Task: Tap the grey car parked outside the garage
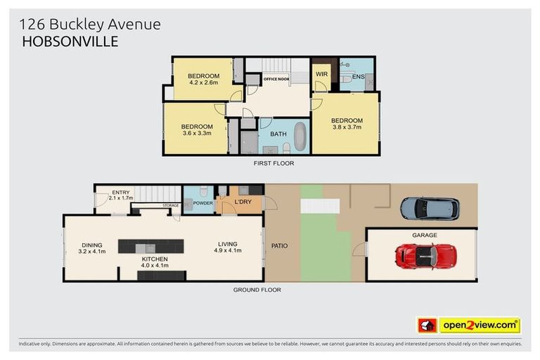click(429, 208)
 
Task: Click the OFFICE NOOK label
click(276, 79)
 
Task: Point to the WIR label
click(321, 74)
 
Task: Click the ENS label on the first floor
click(358, 77)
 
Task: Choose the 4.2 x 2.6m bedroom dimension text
click(204, 82)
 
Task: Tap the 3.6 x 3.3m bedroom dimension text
click(197, 132)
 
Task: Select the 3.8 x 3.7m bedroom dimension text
click(346, 127)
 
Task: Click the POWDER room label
click(203, 203)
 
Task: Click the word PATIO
click(280, 246)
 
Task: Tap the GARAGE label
click(424, 235)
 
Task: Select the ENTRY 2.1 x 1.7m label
click(120, 195)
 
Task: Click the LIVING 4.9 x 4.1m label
click(229, 247)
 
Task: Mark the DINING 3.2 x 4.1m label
click(92, 247)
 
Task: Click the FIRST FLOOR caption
click(274, 163)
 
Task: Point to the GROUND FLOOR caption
click(257, 289)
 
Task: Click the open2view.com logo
click(479, 325)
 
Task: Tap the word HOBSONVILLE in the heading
click(70, 41)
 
